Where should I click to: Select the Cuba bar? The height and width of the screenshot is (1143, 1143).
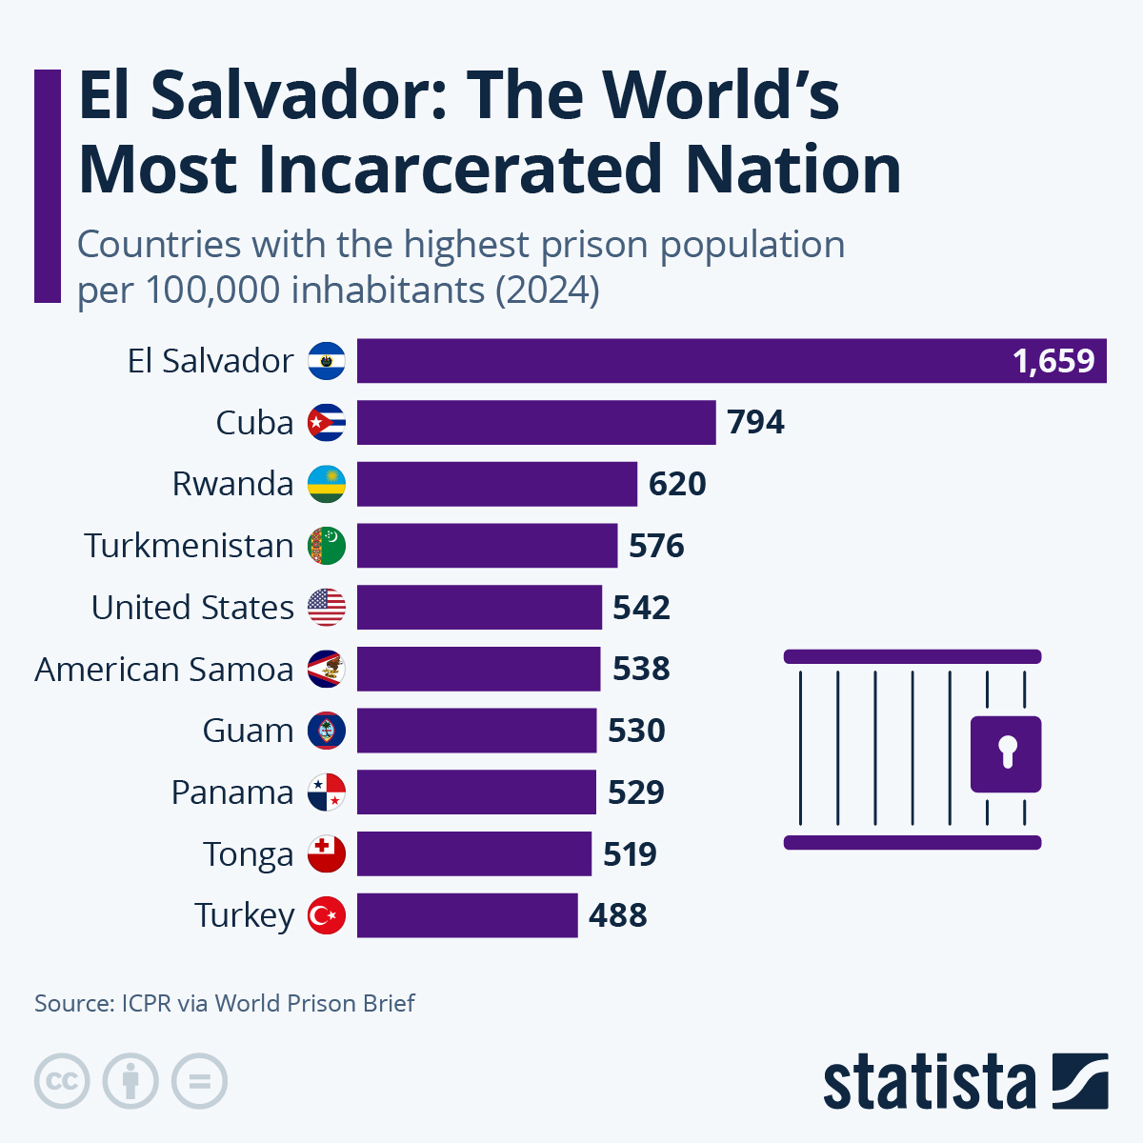[536, 422]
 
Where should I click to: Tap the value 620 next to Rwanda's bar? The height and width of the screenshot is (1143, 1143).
[677, 484]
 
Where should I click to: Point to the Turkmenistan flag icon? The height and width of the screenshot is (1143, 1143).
[327, 546]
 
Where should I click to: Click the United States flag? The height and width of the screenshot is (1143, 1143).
[327, 607]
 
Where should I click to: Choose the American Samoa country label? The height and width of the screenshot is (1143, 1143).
[164, 670]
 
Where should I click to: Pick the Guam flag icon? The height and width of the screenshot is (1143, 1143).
[327, 731]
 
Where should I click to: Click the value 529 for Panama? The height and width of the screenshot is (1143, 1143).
[635, 792]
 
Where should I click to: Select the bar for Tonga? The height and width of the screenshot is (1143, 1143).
[473, 853]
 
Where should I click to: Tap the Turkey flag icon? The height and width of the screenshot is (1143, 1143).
[327, 915]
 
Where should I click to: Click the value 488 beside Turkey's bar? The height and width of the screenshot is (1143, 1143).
[617, 915]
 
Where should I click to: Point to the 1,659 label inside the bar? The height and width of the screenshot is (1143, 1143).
[1053, 362]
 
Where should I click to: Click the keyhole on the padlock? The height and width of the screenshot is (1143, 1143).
[1006, 751]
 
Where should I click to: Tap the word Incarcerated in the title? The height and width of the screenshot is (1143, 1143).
[460, 170]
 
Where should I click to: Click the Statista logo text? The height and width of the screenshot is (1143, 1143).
[929, 1083]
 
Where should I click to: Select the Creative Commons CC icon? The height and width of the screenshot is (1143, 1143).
[62, 1081]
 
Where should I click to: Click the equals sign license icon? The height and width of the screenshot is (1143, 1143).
[199, 1081]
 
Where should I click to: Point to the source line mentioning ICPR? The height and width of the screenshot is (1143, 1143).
[225, 1003]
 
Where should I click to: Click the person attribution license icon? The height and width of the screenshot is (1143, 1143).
[130, 1081]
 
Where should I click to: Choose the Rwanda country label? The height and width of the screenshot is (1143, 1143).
[232, 484]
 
